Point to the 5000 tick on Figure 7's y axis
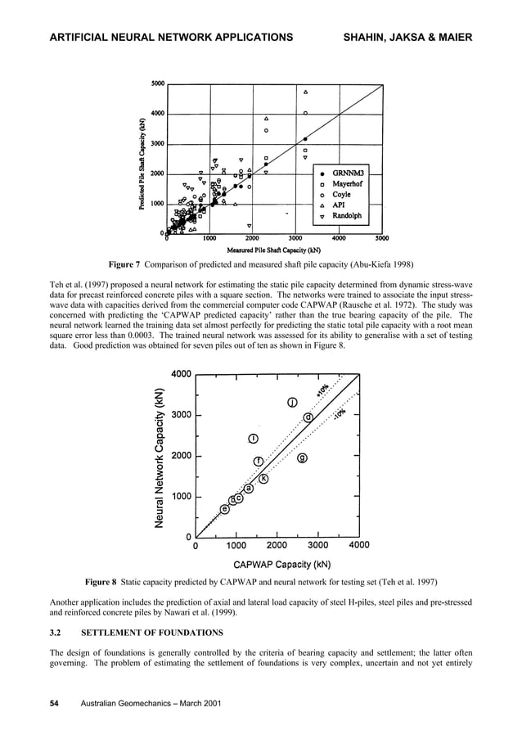[x=156, y=83]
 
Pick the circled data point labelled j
[x=292, y=402]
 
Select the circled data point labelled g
[x=302, y=457]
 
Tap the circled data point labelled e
[x=224, y=509]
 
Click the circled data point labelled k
[x=264, y=478]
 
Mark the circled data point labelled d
[x=308, y=417]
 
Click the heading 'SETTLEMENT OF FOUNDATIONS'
[x=154, y=633]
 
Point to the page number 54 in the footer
[x=54, y=704]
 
